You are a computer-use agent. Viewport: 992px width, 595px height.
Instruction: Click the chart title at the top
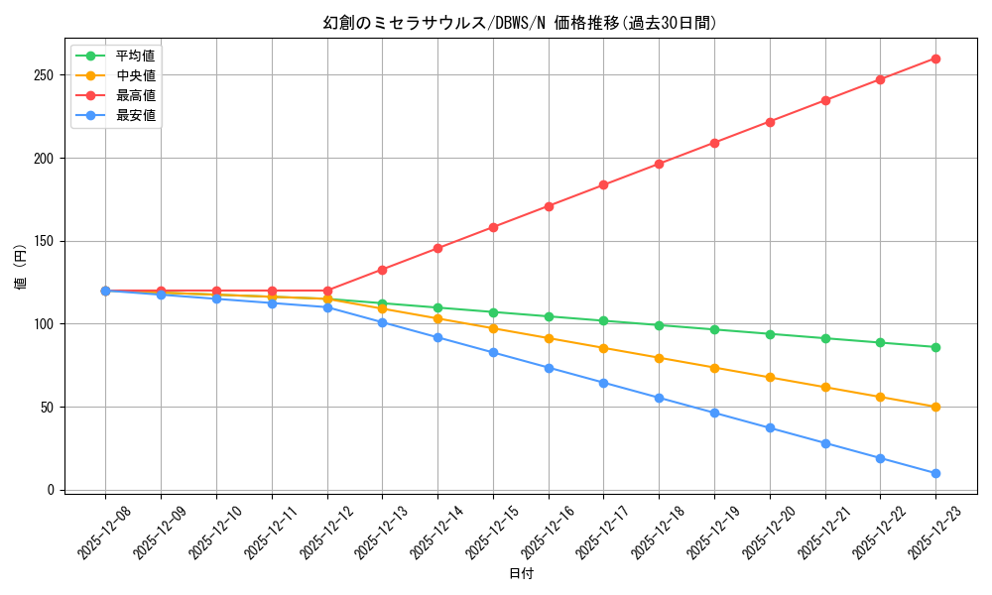[x=520, y=23]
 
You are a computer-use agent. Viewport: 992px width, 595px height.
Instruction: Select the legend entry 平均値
[x=135, y=56]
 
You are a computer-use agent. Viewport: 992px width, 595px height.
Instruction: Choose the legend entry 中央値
[x=135, y=75]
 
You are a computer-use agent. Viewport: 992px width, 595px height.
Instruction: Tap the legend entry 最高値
[x=135, y=95]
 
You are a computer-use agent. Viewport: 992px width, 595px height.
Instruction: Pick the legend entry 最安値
[x=135, y=115]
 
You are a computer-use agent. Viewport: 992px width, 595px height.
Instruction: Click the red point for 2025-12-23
[x=935, y=59]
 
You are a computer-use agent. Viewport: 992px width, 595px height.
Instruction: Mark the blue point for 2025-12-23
[x=935, y=473]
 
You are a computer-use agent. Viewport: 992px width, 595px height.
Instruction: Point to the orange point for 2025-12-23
[x=935, y=407]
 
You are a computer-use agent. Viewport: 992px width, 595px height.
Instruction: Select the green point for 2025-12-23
[x=935, y=347]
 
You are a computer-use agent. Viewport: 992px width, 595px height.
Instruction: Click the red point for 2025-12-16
[x=549, y=206]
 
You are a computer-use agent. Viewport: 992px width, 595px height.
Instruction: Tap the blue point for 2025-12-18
[x=659, y=398]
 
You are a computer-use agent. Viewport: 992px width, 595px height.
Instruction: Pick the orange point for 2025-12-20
[x=770, y=377]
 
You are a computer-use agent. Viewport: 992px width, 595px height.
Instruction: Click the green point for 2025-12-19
[x=714, y=329]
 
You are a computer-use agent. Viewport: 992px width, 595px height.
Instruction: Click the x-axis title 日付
[x=520, y=574]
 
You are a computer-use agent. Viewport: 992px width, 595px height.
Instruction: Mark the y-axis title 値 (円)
[x=21, y=268]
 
